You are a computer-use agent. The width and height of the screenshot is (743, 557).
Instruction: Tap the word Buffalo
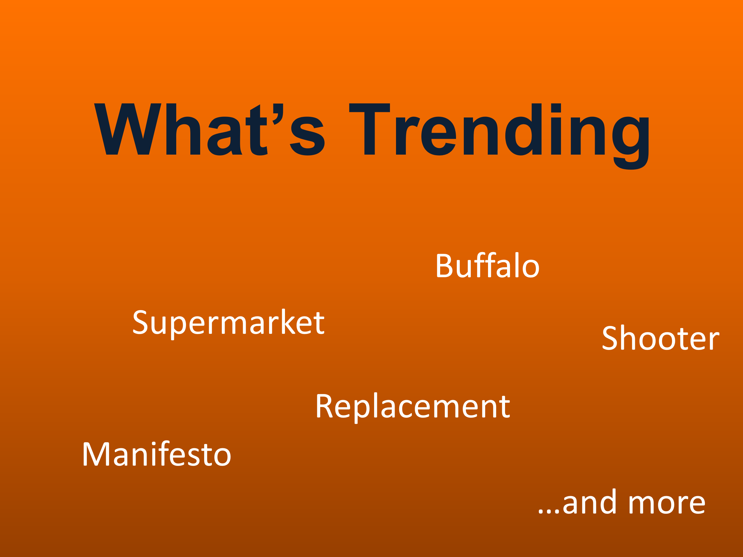coord(487,266)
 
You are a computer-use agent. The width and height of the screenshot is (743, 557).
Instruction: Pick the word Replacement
coord(412,407)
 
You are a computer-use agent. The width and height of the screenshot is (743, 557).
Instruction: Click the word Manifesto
coord(157,454)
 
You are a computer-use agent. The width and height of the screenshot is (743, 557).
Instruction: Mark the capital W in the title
coord(128,129)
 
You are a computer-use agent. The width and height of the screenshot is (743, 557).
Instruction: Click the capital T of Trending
coord(369,129)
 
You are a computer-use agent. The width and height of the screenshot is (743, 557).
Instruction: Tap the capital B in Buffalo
coord(444,266)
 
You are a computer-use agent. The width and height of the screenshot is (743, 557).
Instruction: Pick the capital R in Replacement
coord(324,406)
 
